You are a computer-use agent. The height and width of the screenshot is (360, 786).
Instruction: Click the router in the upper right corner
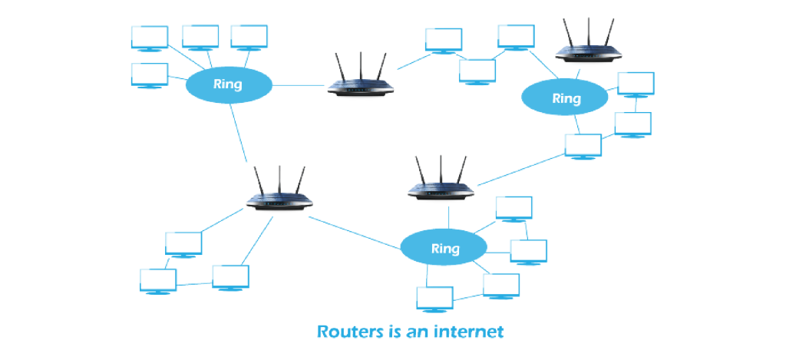(x=587, y=51)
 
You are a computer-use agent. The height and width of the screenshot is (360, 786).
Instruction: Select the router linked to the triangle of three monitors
(x=279, y=201)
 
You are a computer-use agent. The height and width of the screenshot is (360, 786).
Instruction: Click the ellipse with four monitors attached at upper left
(x=228, y=84)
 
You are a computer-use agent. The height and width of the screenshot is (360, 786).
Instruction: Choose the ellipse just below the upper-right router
(x=566, y=97)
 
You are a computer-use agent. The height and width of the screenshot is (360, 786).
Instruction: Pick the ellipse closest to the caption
(x=444, y=248)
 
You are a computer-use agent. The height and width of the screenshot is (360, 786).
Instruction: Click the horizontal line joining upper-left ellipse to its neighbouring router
(x=299, y=84)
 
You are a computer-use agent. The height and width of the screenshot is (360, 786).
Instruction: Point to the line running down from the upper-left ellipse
(x=239, y=130)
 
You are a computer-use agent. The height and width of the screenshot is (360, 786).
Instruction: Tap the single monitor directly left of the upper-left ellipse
(x=149, y=74)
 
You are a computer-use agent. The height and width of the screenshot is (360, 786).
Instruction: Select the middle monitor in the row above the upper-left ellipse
(x=200, y=36)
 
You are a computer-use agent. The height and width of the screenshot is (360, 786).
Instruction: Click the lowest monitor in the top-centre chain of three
(x=477, y=70)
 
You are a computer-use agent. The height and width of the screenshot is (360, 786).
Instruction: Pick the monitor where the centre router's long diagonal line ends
(x=583, y=145)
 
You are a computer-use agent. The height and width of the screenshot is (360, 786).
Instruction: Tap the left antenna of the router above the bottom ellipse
(x=420, y=170)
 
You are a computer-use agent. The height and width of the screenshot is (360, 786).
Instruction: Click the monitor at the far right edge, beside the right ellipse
(x=636, y=84)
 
